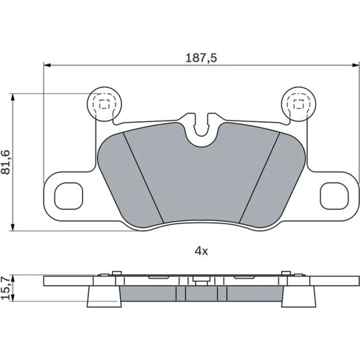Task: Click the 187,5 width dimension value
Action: (201, 58)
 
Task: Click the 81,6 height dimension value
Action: (5, 162)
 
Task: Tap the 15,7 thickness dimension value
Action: (5, 288)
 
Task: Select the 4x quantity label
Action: (201, 251)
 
